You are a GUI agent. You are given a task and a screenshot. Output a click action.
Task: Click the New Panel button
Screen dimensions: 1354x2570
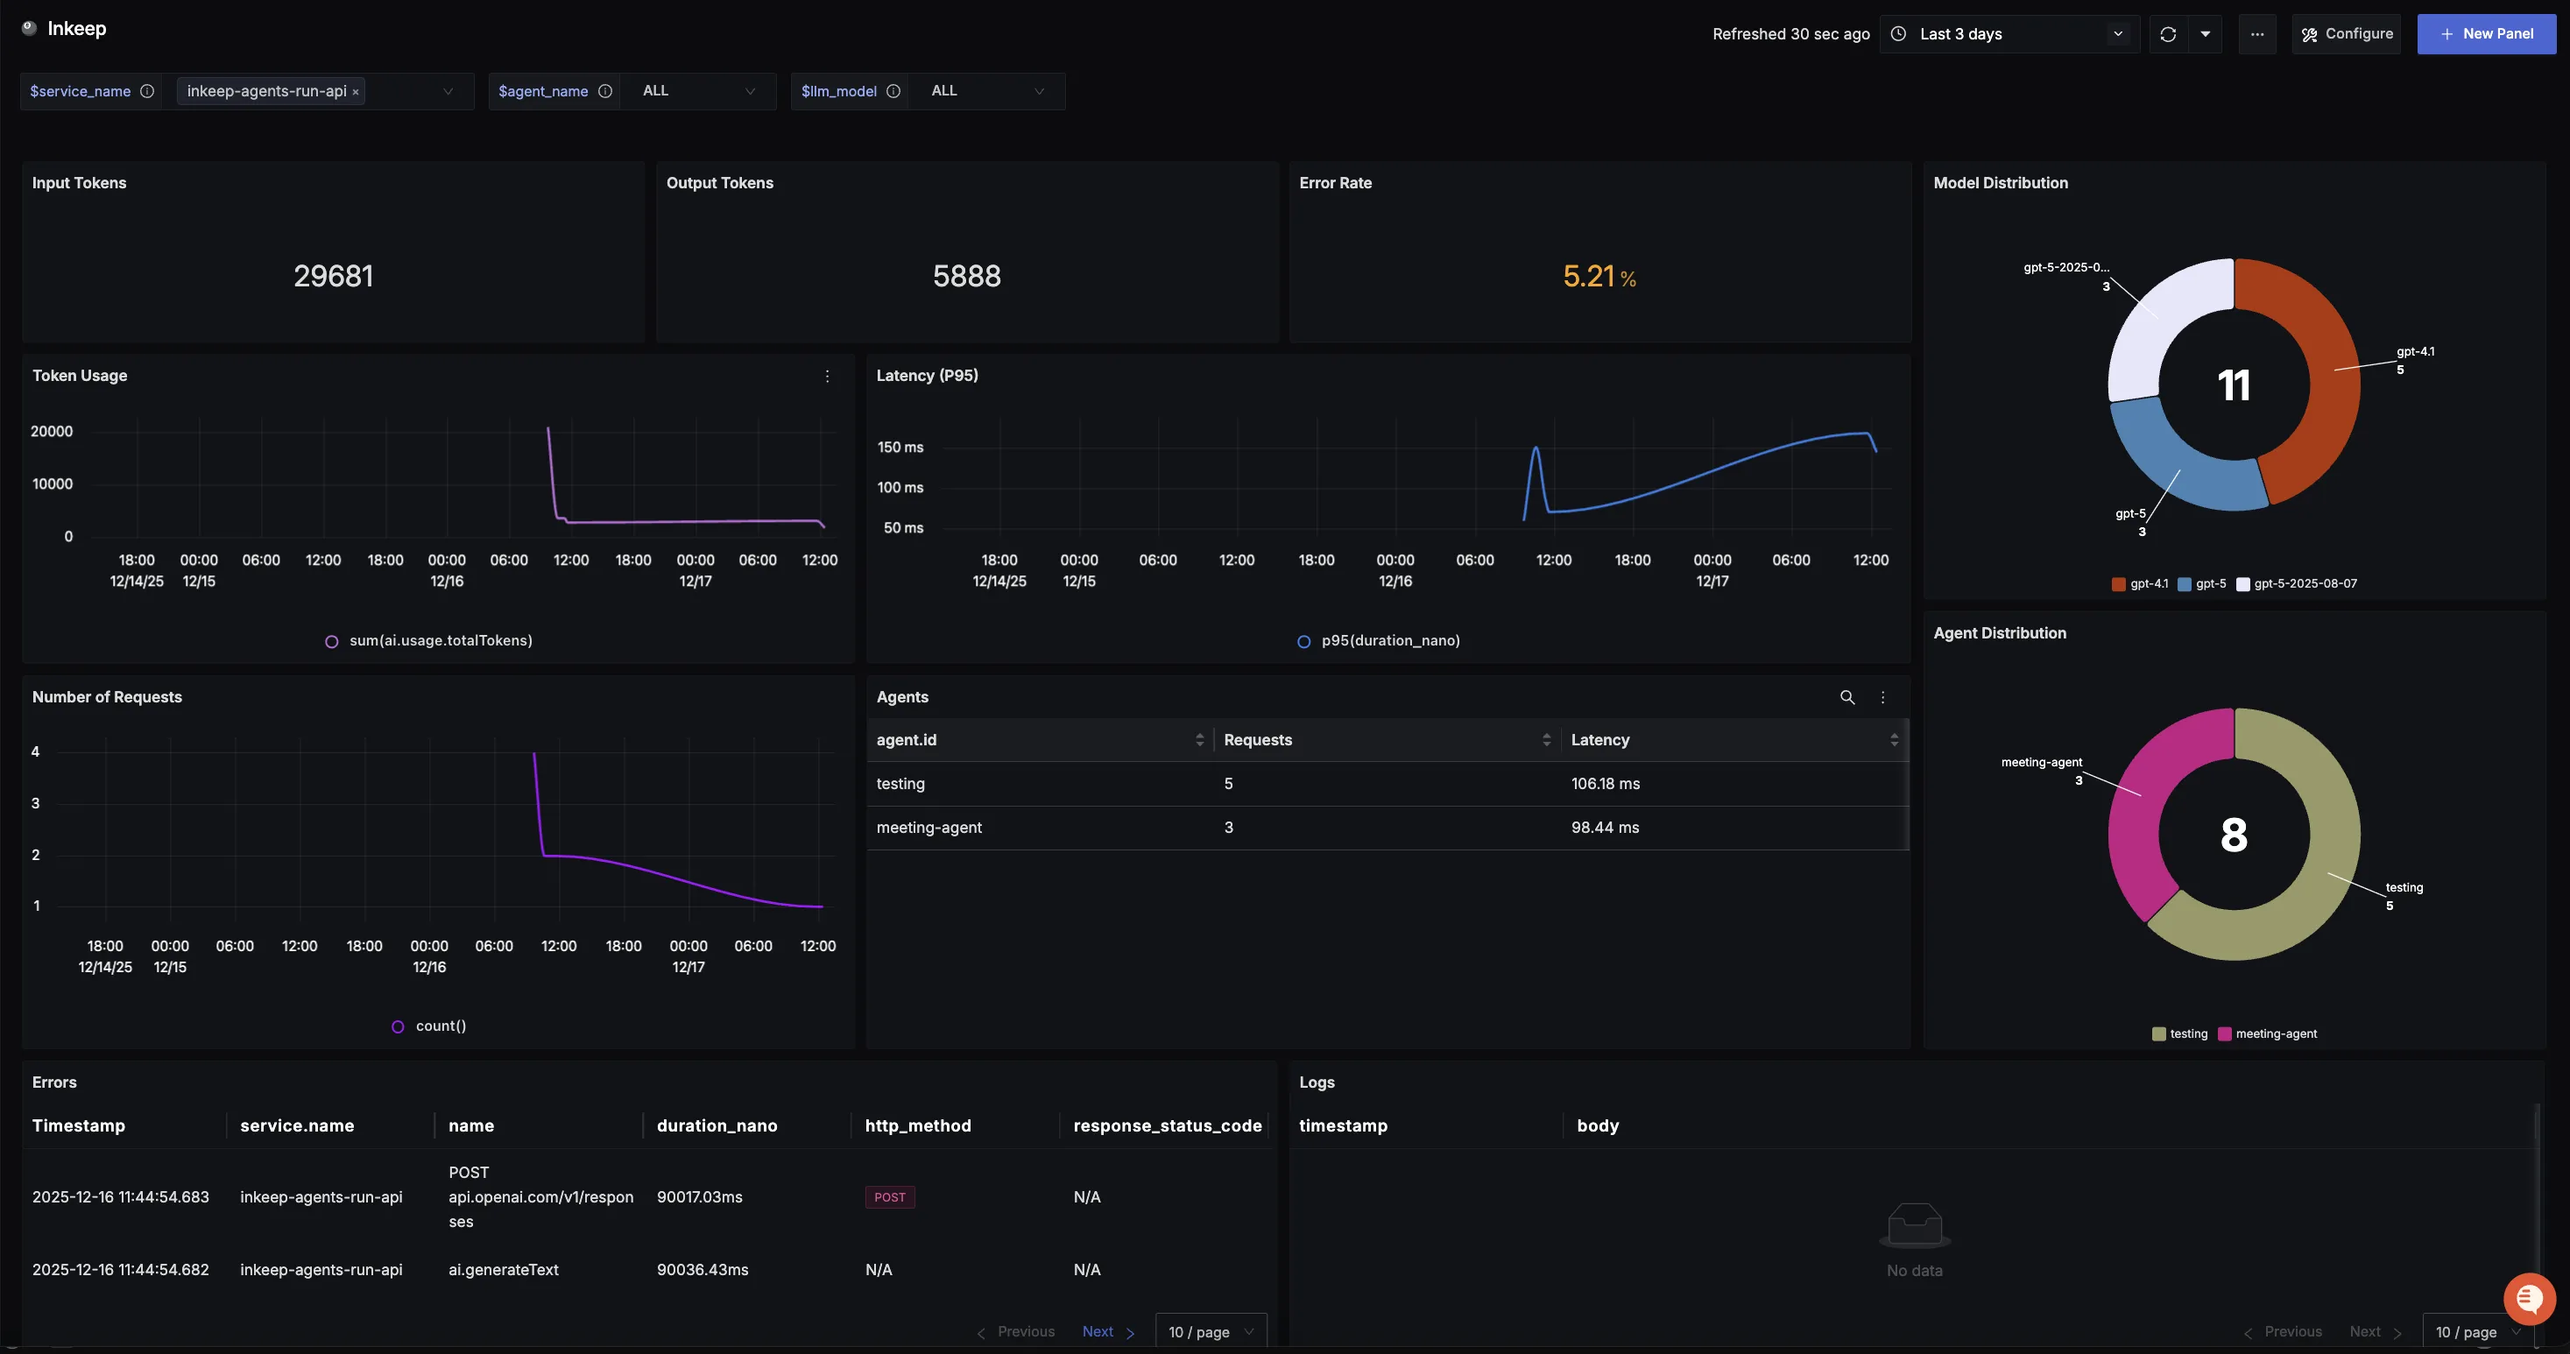pyautogui.click(x=2485, y=34)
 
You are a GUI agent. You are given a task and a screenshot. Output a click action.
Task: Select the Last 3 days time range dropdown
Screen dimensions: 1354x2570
pyautogui.click(x=2009, y=34)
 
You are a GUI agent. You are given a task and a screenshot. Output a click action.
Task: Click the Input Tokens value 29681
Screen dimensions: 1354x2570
pyautogui.click(x=333, y=277)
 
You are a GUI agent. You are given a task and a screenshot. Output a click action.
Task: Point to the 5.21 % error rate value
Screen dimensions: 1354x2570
pyautogui.click(x=1599, y=277)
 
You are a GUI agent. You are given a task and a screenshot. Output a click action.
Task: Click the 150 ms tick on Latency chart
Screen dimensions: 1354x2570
pyautogui.click(x=900, y=447)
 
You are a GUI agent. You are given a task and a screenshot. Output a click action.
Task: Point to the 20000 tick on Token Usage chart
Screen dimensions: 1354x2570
pyautogui.click(x=52, y=431)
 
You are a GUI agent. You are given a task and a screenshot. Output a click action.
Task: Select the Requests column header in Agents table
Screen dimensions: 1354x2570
pyautogui.click(x=1257, y=739)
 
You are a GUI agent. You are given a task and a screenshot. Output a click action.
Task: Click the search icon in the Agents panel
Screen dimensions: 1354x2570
pyautogui.click(x=1846, y=697)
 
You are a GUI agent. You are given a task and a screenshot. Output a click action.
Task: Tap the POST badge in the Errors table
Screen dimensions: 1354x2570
pyautogui.click(x=889, y=1197)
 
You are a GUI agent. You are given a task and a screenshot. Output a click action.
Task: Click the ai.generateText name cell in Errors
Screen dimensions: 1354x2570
pyautogui.click(x=503, y=1269)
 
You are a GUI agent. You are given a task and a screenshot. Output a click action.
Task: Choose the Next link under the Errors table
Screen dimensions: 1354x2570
pyautogui.click(x=1098, y=1331)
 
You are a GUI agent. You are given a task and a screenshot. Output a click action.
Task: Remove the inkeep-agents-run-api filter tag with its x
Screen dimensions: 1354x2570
pyautogui.click(x=355, y=92)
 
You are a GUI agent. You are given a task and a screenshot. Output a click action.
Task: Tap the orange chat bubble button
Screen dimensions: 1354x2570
pyautogui.click(x=2528, y=1298)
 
